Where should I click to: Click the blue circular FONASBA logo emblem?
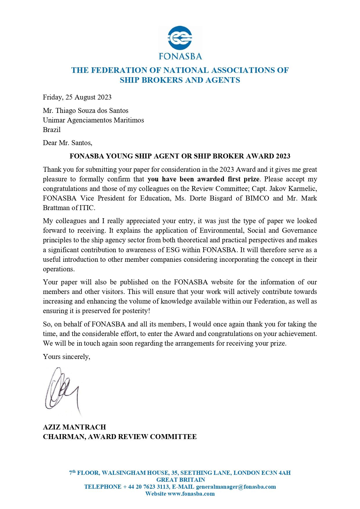click(x=180, y=38)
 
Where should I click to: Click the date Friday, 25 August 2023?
click(x=77, y=97)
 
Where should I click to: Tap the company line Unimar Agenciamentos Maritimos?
click(x=93, y=120)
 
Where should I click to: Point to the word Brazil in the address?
click(x=52, y=130)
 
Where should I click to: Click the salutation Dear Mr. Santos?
click(x=67, y=143)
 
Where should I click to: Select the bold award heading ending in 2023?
click(x=180, y=156)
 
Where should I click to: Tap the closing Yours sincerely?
click(x=66, y=357)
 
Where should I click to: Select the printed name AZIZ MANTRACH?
click(x=74, y=427)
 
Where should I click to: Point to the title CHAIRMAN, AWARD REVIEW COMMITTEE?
click(x=120, y=437)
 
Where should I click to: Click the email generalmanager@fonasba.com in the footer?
click(x=236, y=487)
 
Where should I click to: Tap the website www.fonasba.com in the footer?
click(x=191, y=494)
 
